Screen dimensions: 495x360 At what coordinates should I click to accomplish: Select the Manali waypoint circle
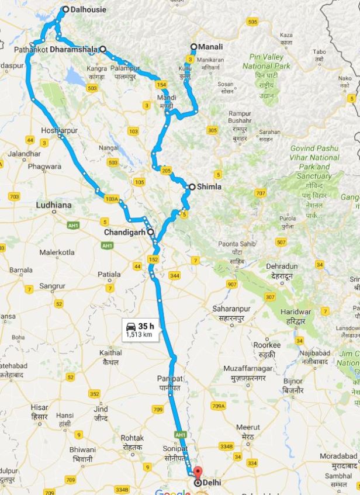(194, 47)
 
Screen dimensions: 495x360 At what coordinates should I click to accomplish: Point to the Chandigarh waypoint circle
(151, 232)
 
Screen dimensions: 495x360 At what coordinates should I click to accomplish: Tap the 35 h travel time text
(147, 326)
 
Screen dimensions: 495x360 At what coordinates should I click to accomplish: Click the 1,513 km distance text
(139, 335)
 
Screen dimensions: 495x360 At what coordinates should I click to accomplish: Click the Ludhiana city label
(54, 205)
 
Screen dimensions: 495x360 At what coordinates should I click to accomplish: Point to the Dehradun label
(282, 266)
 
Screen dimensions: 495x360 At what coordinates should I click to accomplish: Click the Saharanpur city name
(231, 308)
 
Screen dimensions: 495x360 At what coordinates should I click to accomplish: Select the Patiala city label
(109, 274)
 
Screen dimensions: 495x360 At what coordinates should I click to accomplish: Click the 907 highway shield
(232, 284)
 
